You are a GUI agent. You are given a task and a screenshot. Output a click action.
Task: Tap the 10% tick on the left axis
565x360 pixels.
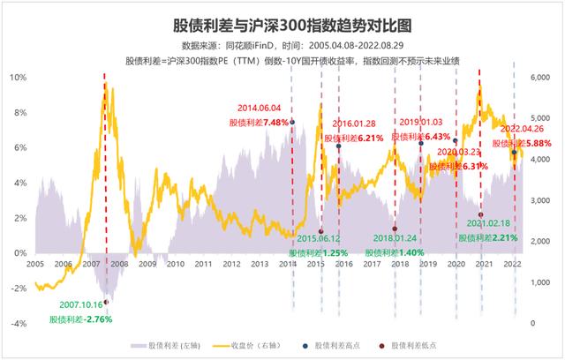19,78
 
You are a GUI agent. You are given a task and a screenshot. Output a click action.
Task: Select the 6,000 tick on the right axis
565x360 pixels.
539,78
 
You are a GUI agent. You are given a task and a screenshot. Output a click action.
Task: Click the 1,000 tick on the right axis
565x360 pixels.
539,282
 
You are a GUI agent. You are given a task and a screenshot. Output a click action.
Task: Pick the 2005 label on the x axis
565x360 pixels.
35,264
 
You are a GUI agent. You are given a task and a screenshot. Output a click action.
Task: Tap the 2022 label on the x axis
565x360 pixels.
512,264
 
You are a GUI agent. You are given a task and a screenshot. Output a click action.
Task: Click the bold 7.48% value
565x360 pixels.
276,123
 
